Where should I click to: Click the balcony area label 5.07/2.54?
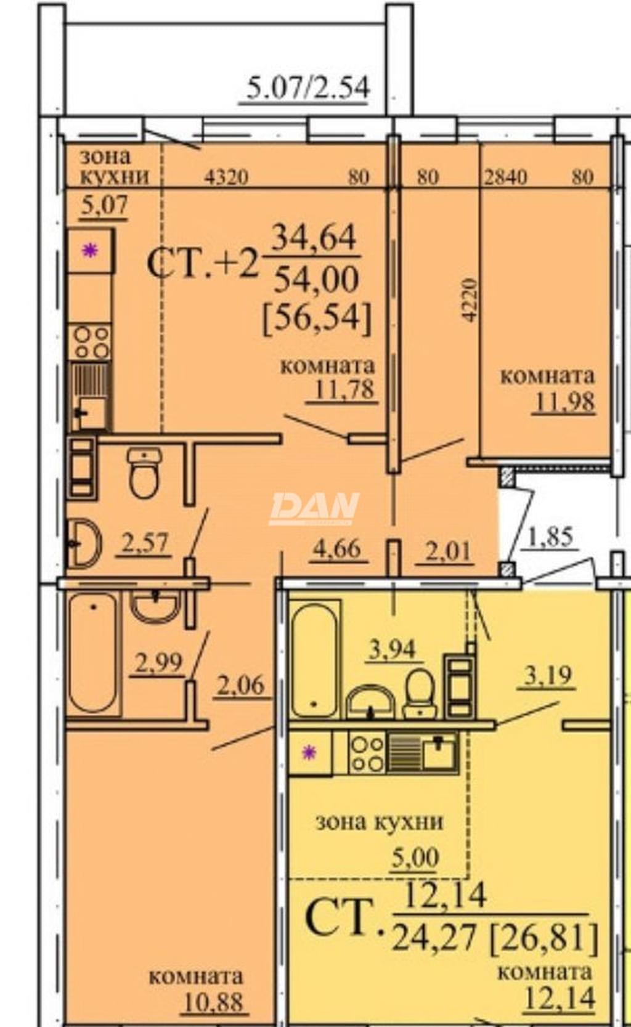(307, 88)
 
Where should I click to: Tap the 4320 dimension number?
(226, 177)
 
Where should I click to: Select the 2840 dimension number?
(505, 177)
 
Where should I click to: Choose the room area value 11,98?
(564, 402)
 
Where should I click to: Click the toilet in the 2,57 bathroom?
(144, 473)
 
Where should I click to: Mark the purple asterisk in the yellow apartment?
(310, 752)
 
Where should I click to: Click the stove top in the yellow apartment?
(367, 752)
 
